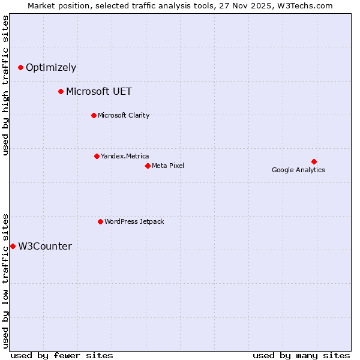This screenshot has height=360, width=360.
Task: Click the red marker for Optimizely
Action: click(x=21, y=68)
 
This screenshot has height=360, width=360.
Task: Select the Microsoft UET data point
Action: click(x=61, y=92)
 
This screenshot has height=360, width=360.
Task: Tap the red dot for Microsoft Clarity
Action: click(x=94, y=115)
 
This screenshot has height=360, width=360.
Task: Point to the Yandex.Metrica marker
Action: click(x=97, y=156)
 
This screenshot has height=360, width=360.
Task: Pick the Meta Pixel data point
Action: click(x=148, y=166)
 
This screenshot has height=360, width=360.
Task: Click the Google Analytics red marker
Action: click(x=314, y=161)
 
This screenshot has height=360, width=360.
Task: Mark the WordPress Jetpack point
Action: click(x=100, y=221)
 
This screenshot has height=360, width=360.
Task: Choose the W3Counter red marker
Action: click(x=13, y=246)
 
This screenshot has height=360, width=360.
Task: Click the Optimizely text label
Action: click(x=51, y=68)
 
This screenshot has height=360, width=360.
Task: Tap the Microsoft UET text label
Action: click(x=99, y=92)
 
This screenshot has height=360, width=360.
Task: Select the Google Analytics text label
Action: click(x=298, y=170)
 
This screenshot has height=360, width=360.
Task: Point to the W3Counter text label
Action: click(x=45, y=247)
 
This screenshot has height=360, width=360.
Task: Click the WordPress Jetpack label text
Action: click(x=134, y=221)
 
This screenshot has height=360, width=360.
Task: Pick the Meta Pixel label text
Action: click(x=168, y=166)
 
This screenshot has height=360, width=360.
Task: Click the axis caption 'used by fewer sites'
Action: click(x=62, y=355)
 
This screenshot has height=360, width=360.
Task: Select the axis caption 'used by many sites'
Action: click(x=301, y=355)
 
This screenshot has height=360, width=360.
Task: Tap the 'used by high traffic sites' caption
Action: click(x=6, y=85)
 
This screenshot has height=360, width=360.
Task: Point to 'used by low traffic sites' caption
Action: click(x=6, y=281)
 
